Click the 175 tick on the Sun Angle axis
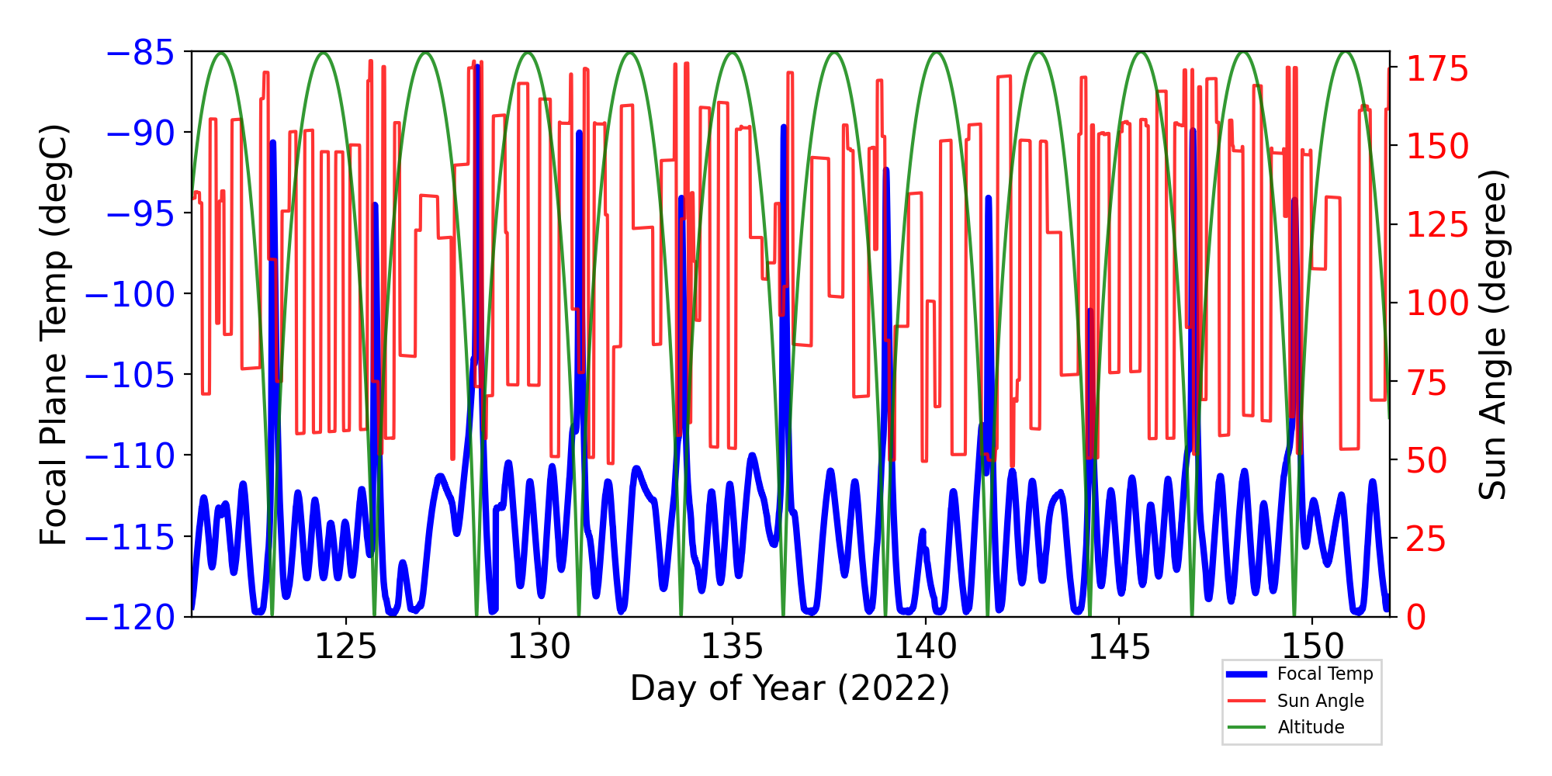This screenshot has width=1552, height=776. [1438, 70]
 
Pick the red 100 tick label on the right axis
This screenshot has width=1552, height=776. [1438, 303]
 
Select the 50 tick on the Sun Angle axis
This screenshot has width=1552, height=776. [1427, 461]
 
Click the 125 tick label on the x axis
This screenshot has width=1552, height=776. [345, 646]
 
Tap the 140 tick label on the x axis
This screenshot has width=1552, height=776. [926, 646]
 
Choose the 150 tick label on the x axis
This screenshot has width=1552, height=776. [1312, 646]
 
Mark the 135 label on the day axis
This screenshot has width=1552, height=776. [732, 646]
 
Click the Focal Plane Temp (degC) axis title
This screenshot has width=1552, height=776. [54, 334]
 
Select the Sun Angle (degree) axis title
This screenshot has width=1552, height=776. [1491, 334]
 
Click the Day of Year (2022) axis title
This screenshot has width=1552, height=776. [789, 688]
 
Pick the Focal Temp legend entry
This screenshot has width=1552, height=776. [1325, 674]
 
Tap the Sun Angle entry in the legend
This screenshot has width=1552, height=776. [1320, 701]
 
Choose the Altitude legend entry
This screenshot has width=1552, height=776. [1311, 727]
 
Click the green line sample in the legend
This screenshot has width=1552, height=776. [1246, 727]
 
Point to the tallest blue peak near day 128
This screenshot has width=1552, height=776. [477, 68]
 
